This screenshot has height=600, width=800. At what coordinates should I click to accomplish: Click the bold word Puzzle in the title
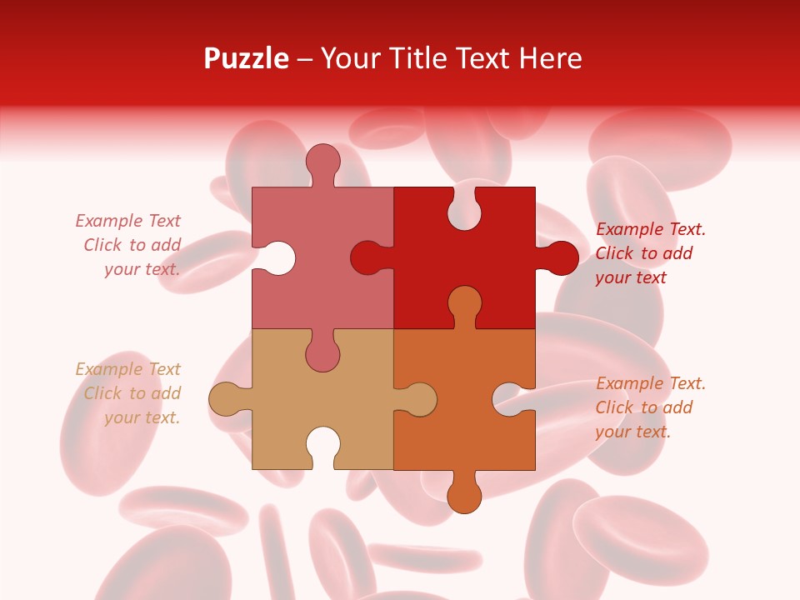pos(247,58)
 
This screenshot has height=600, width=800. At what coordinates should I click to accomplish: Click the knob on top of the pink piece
pos(322,160)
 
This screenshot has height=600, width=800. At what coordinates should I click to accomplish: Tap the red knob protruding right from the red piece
pos(560,257)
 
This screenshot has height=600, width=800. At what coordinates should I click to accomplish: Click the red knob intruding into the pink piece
pos(367,257)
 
